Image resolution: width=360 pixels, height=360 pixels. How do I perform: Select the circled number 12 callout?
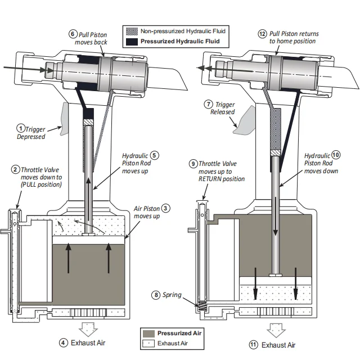tap(262, 34)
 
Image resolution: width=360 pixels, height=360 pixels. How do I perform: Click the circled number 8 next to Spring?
tap(156, 294)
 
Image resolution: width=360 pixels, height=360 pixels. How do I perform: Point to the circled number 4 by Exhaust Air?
tap(64, 342)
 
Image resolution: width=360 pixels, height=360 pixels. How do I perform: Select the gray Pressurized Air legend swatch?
tap(148, 333)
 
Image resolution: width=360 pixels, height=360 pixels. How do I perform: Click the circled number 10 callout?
tap(336, 155)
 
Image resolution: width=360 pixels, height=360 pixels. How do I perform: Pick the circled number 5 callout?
tap(155, 155)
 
